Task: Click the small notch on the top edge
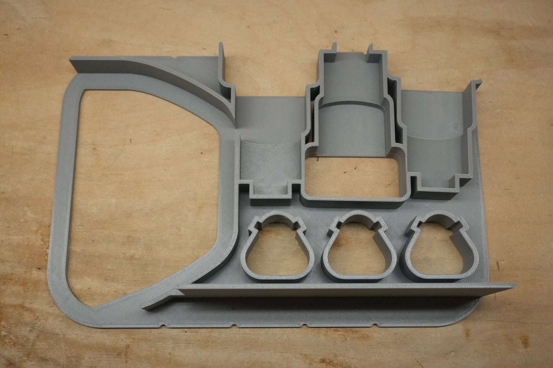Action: [175, 57]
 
